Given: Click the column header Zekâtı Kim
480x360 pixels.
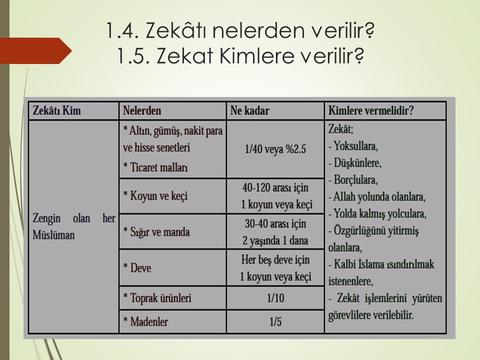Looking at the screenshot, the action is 56,110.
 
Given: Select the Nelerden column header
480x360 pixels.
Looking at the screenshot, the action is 142,110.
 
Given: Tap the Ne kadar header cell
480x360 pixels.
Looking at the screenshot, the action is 250,110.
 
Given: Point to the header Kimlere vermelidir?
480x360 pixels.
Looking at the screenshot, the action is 370,110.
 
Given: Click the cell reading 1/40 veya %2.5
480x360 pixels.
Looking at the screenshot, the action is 275,149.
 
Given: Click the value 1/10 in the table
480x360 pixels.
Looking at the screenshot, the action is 275,298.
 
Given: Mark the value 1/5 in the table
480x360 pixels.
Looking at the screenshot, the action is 275,321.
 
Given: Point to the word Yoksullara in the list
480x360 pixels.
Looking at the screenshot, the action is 355,146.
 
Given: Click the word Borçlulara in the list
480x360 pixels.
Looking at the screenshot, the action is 355,179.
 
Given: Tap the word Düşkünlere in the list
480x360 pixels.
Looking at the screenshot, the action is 357,163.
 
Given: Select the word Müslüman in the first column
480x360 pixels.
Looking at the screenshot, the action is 53,235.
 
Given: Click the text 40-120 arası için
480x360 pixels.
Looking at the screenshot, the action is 275,187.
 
